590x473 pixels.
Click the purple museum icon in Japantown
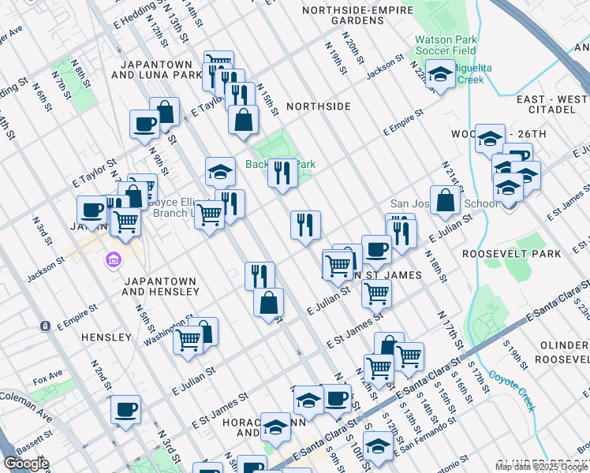pos(112,259)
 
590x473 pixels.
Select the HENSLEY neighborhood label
pos(106,337)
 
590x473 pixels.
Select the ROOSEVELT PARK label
pos(512,254)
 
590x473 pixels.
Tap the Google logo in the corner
pos(26,464)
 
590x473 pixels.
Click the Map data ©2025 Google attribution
pos(540,467)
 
